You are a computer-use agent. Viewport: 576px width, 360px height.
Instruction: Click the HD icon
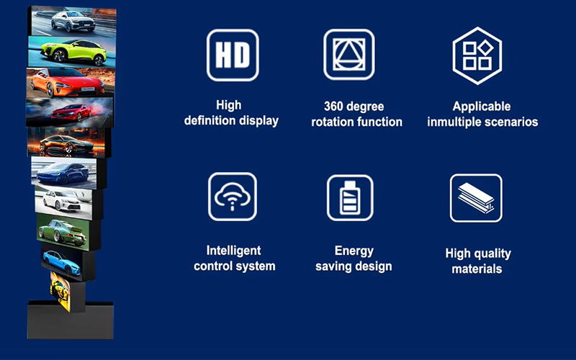click(232, 55)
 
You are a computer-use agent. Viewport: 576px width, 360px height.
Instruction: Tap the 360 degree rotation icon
click(349, 55)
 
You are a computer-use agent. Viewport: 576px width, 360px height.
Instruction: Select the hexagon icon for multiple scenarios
click(477, 55)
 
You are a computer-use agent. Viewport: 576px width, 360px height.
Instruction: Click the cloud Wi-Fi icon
click(232, 196)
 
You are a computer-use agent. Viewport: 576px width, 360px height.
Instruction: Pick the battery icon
click(349, 197)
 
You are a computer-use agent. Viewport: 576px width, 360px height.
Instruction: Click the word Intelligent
click(234, 251)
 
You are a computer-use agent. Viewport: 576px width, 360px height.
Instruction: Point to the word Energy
click(354, 251)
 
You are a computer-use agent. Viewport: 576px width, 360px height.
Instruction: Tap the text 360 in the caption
click(333, 106)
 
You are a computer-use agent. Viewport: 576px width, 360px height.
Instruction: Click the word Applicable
click(482, 107)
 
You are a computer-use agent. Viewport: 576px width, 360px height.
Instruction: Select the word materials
click(477, 269)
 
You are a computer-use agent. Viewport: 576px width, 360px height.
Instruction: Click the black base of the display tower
click(71, 320)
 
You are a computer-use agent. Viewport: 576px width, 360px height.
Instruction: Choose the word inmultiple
click(458, 122)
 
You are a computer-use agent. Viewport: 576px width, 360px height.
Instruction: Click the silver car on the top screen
click(72, 21)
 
